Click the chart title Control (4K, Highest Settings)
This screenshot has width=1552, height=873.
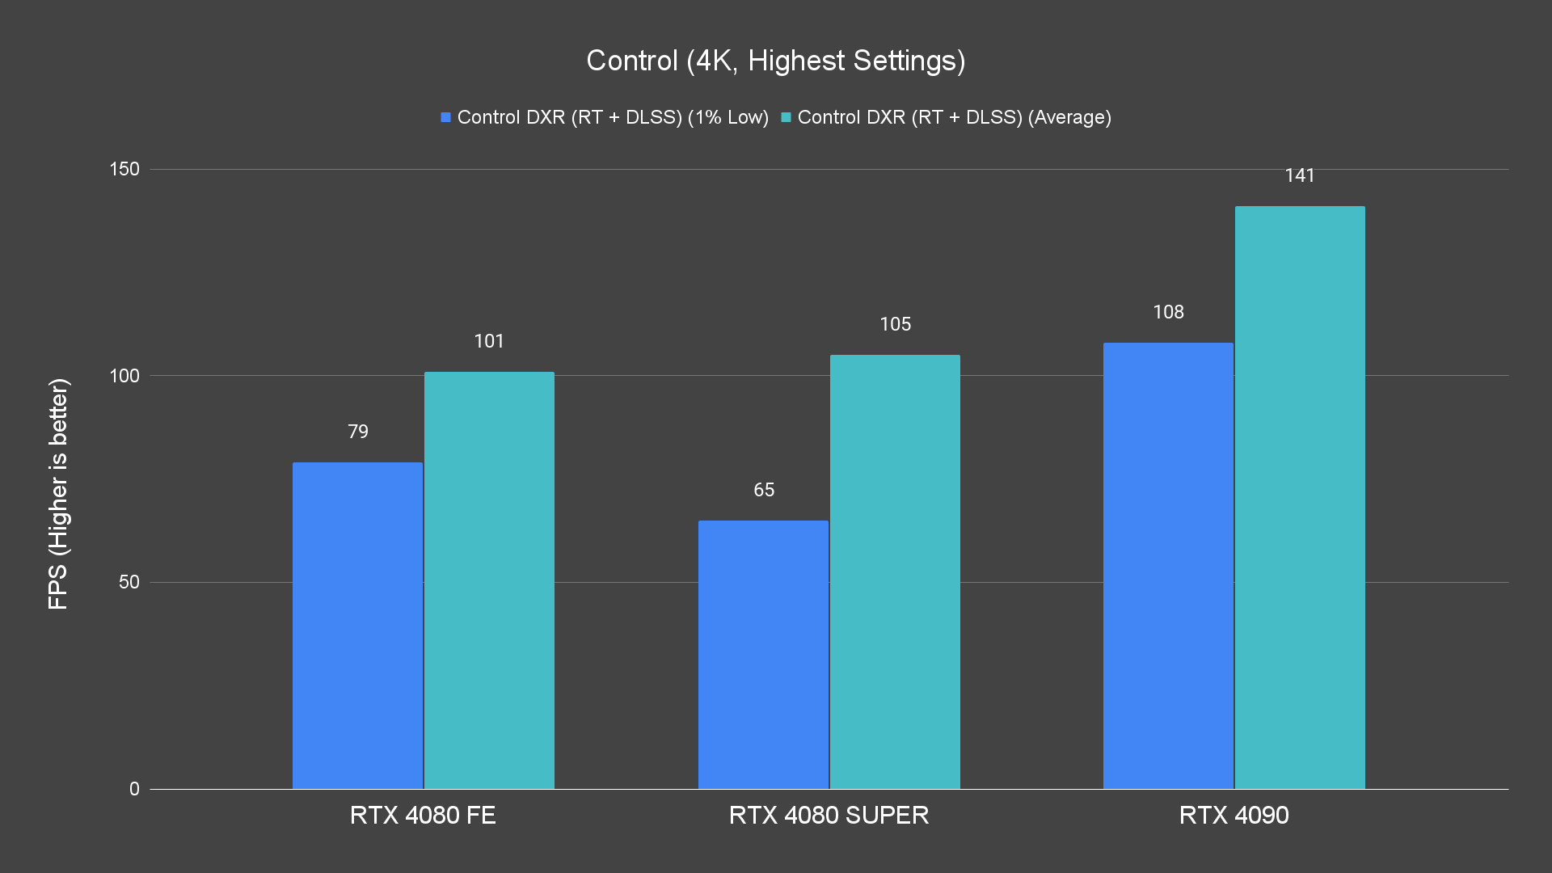tap(775, 61)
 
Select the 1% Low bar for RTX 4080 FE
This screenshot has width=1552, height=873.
tap(357, 626)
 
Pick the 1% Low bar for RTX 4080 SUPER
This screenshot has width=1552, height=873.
tap(763, 655)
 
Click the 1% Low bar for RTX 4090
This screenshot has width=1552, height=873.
tap(1168, 566)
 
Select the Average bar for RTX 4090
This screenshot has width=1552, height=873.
tap(1300, 498)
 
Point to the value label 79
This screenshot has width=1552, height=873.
tap(358, 432)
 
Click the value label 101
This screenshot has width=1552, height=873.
tap(489, 341)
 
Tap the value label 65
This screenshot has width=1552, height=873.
tap(764, 490)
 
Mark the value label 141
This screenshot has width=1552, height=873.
tap(1300, 175)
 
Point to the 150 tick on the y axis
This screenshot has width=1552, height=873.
tap(124, 169)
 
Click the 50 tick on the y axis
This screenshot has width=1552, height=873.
tap(129, 582)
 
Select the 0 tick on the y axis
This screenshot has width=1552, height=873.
tap(134, 789)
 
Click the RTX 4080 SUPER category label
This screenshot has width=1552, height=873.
tap(829, 815)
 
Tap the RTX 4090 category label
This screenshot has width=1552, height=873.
tap(1234, 815)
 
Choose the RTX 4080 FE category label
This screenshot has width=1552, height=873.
tap(423, 815)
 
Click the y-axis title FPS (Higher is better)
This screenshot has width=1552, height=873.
tap(58, 493)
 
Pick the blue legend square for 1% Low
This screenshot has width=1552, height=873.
tap(445, 118)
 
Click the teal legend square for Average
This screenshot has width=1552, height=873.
tap(786, 118)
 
